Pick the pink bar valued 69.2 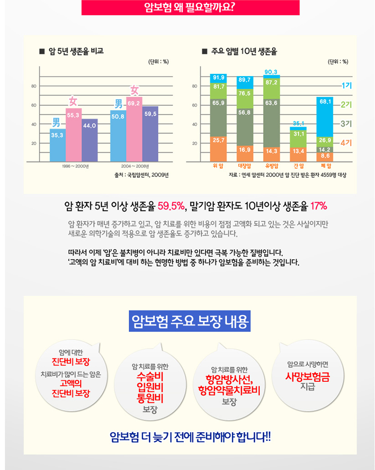(x=134, y=129)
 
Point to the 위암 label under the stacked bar (x=218, y=166)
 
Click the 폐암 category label (x=325, y=166)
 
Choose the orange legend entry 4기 (x=346, y=142)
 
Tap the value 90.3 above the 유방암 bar (x=271, y=72)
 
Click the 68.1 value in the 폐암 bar (x=325, y=102)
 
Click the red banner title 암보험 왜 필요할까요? (x=191, y=7)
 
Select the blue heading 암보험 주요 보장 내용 (x=190, y=321)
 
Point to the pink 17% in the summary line (x=318, y=206)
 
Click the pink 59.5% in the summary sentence (x=171, y=206)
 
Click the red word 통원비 (x=150, y=398)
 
